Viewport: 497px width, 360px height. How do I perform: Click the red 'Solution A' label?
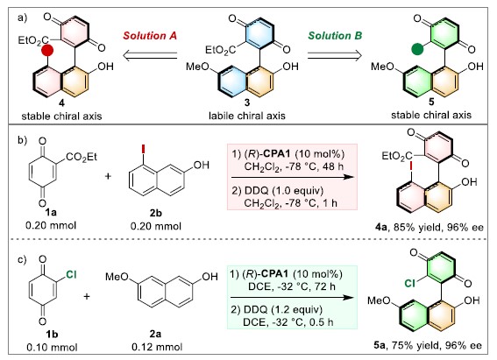coord(150,36)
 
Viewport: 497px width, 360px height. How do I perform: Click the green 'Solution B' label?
coord(335,35)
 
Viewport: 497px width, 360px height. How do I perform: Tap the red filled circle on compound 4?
coord(47,50)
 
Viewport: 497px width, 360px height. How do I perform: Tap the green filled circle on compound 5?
coord(417,49)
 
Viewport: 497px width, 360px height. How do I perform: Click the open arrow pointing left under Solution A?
coord(150,56)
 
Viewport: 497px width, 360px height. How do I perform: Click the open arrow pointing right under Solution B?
coord(335,56)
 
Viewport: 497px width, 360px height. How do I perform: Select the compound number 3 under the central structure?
coord(247,102)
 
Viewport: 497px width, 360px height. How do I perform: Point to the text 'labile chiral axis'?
coord(247,116)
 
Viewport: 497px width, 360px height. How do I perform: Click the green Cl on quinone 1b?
coord(71,274)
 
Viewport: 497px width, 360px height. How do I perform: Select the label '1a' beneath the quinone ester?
coord(51,212)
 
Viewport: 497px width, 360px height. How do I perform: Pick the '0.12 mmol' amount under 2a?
coord(157,348)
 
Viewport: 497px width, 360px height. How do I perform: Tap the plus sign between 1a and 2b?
coord(108,176)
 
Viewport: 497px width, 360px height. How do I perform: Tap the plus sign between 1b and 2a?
coord(87,296)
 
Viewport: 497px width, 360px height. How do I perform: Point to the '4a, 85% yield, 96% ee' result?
coord(429,228)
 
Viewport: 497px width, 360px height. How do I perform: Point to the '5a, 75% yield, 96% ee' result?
coord(428,345)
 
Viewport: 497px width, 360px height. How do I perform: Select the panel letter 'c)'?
coord(22,260)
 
